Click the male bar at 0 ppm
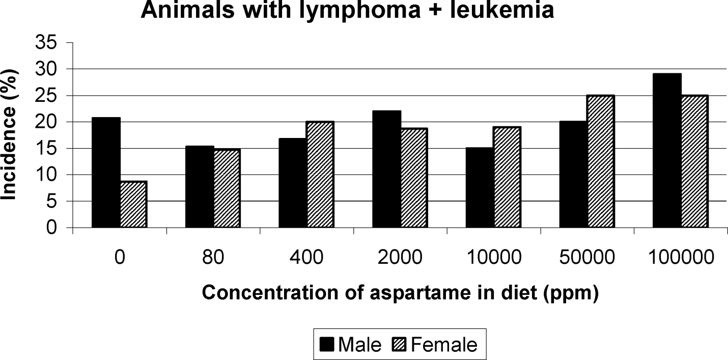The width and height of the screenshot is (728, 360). [106, 173]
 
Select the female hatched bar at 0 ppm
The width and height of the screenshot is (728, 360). [134, 204]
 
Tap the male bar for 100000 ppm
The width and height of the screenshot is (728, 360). [667, 151]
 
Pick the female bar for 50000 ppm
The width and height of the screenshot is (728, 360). [601, 161]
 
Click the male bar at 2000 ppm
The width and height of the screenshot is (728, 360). [386, 169]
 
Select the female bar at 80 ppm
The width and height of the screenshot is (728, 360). [228, 188]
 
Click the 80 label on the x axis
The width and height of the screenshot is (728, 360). [213, 257]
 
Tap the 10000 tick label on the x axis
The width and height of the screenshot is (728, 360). [494, 257]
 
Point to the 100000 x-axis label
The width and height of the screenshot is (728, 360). [681, 257]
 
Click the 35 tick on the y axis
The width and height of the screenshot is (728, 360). [46, 43]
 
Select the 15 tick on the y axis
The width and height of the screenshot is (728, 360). [46, 149]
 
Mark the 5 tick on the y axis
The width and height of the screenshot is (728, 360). [52, 202]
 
